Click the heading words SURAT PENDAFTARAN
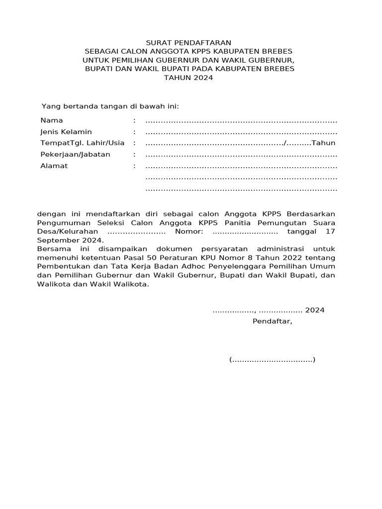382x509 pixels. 189,43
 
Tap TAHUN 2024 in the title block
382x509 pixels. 189,78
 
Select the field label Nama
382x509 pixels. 52,120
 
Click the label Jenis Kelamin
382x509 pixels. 66,132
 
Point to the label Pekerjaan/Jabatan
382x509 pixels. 75,155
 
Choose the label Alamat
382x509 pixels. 54,166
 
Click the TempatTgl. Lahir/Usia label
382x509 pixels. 82,143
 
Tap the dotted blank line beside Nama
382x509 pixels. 241,121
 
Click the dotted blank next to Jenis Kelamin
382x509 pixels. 241,132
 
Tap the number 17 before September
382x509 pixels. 330,232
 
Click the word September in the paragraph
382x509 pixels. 55,241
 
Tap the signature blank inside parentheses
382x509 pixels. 272,360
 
